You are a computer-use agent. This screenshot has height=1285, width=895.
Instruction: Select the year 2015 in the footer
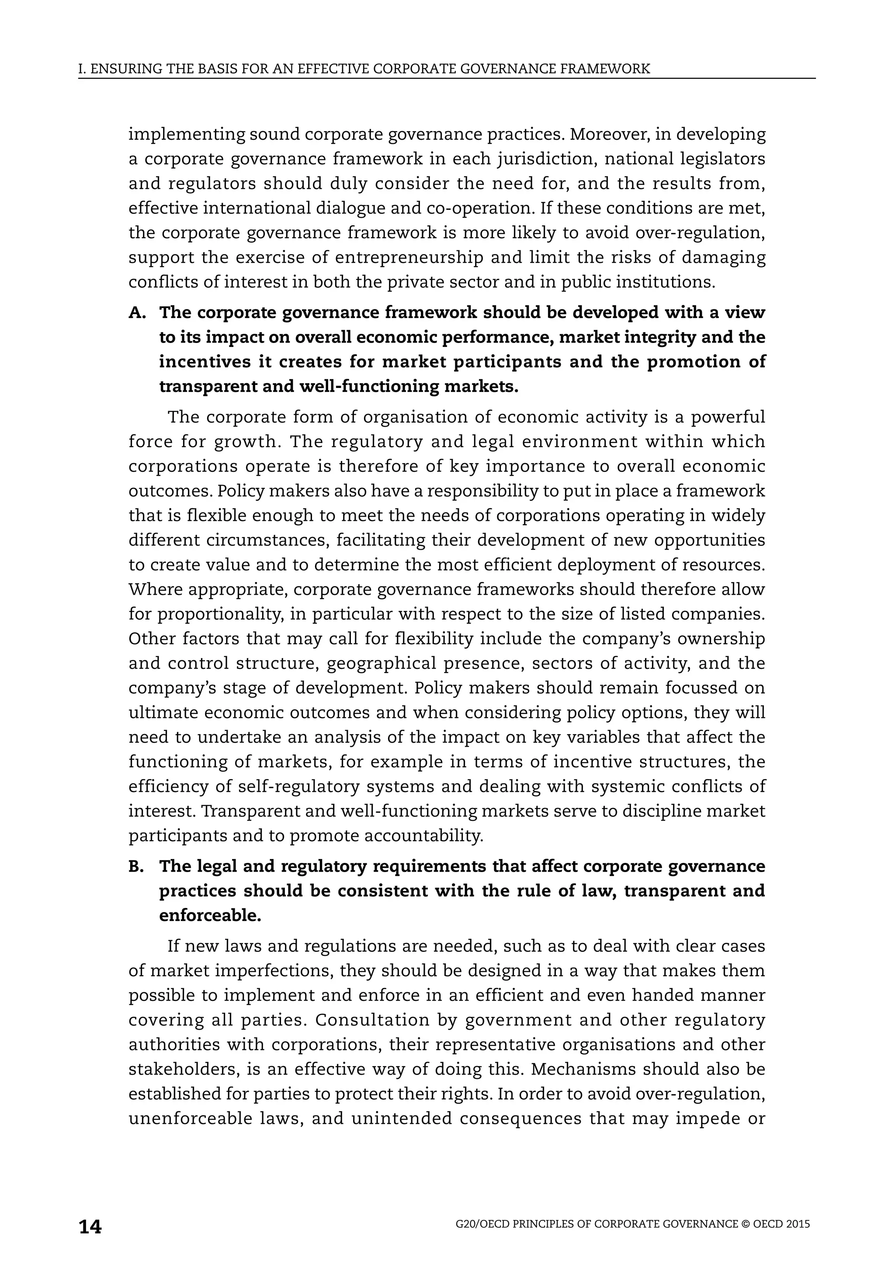coord(798,1224)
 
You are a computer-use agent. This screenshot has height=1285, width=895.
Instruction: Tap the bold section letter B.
coord(136,866)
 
